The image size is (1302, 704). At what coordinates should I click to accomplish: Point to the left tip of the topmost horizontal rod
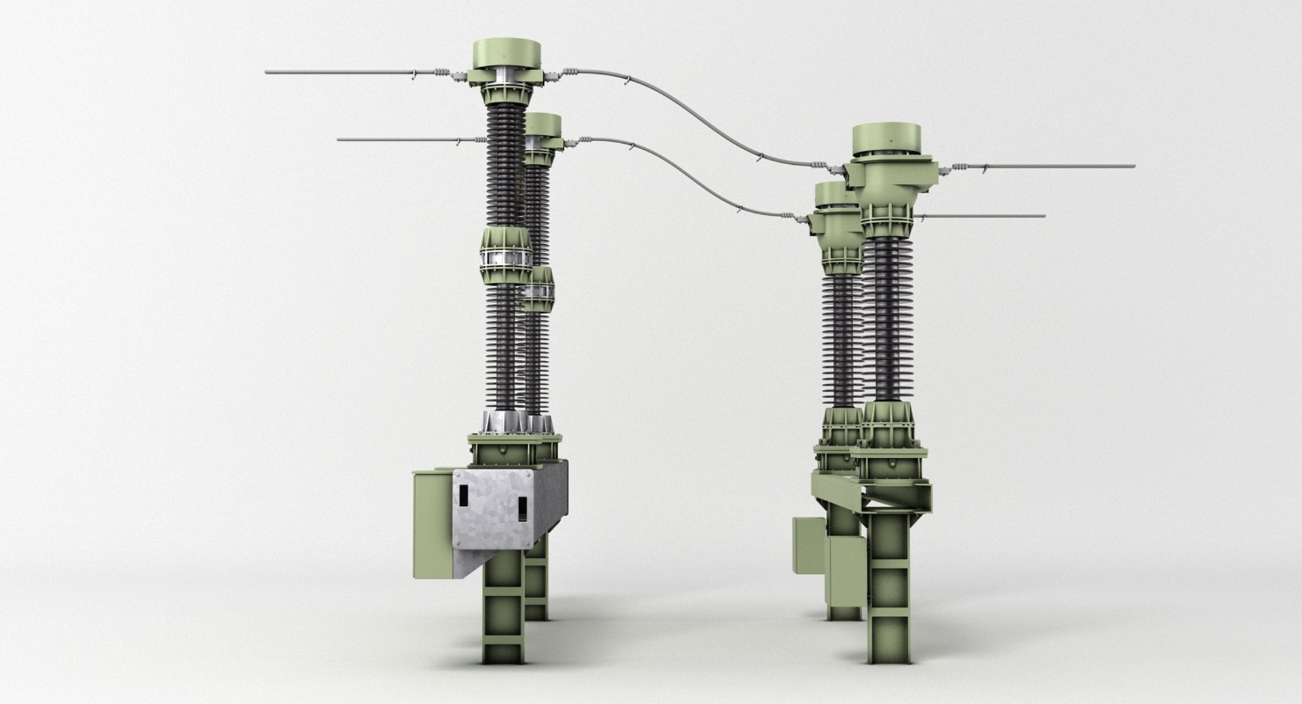[267, 72]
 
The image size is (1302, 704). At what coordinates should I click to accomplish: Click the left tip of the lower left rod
[339, 140]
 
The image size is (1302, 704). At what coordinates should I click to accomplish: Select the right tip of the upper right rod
[1132, 165]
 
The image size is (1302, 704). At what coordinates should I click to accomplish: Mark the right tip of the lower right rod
[1043, 216]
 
